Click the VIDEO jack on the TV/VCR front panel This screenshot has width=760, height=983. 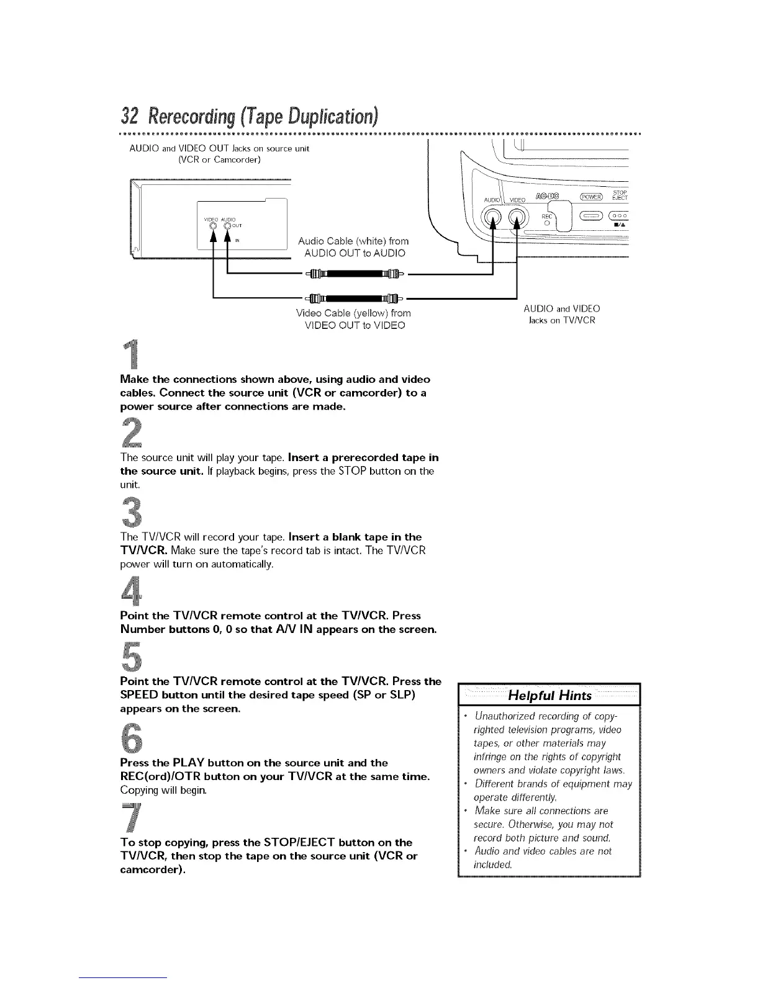[517, 218]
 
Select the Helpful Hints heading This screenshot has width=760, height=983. [549, 695]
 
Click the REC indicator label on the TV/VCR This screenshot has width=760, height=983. [547, 209]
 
